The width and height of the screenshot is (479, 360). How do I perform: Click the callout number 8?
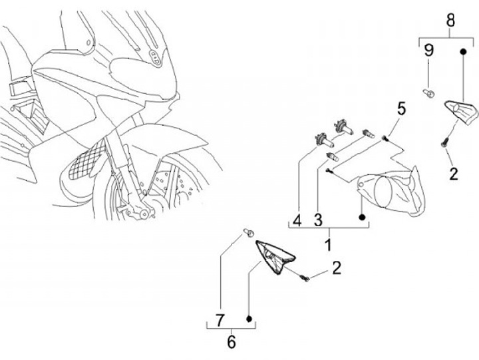coord(450,19)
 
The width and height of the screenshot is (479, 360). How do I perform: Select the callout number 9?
coord(429,50)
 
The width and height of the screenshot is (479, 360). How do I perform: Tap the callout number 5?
coord(401,107)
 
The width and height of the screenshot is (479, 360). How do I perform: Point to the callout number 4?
coord(297,220)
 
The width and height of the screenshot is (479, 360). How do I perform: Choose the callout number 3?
coord(318,220)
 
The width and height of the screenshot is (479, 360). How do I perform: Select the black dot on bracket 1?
coord(361,217)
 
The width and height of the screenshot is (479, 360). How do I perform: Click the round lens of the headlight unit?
coord(385,193)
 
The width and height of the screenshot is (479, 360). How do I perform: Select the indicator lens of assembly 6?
coord(276,256)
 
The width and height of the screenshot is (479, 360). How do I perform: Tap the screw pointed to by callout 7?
coord(247,232)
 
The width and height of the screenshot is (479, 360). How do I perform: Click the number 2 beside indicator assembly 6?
coord(336,268)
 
